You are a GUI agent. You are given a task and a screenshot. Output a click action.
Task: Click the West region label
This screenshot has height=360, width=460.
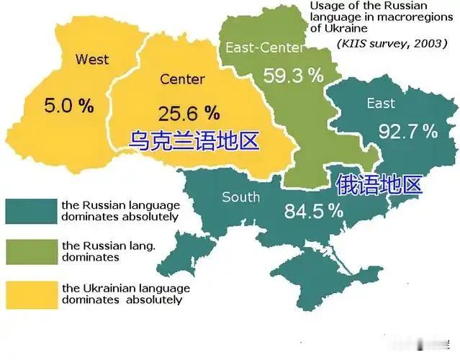point(92,59)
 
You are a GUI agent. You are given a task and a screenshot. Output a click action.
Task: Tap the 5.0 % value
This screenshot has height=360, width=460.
point(69,107)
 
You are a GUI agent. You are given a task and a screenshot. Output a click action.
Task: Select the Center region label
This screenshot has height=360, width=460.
point(182,78)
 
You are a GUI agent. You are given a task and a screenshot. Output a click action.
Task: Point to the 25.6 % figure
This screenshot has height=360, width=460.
point(189,112)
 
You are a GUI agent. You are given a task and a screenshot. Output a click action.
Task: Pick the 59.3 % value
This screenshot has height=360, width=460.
point(292,76)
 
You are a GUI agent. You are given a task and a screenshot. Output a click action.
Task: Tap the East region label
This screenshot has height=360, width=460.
point(381,104)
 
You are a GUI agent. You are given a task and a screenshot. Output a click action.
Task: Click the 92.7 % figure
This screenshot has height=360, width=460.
point(407,132)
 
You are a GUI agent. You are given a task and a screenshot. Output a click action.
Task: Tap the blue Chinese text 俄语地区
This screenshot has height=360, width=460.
point(378,184)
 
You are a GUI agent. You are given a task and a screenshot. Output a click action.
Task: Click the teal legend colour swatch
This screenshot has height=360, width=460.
point(30,210)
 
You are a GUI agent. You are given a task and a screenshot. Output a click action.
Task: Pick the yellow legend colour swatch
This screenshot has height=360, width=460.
point(30,294)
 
